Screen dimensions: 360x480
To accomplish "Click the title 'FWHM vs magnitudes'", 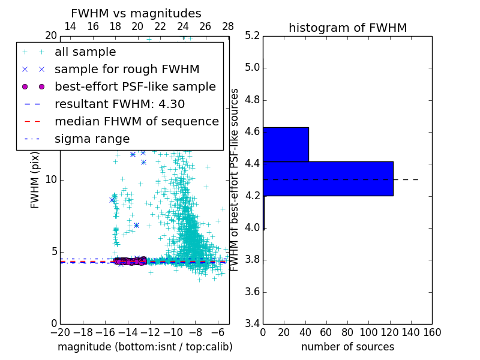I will [136, 13].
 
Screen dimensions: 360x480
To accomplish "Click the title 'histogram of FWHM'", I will [347, 28].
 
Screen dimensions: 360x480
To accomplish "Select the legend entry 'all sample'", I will [85, 52].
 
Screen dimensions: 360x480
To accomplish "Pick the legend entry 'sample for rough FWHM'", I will [127, 70].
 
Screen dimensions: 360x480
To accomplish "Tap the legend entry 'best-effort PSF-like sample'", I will [135, 87].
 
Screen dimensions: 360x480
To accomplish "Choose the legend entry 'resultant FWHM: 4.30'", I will [119, 104].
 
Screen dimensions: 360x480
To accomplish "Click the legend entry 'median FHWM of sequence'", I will [136, 122].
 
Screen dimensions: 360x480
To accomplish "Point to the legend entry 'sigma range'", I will [92, 139].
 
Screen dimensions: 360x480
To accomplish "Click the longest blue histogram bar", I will [328, 178].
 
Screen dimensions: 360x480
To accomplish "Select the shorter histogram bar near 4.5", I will [286, 144].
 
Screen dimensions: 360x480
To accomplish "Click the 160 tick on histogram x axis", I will [431, 332].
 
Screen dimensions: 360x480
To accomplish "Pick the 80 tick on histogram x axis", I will [347, 332].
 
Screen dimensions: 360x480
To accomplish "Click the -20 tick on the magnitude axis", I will [60, 332].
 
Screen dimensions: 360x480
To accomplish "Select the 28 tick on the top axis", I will [228, 27].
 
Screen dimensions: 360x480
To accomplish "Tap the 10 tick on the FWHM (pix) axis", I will [51, 180].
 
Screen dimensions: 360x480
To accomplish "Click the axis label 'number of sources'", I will [347, 347].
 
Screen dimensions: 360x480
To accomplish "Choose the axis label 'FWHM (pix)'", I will [35, 179].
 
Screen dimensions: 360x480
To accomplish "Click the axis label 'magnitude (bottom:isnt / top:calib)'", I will [145, 347].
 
